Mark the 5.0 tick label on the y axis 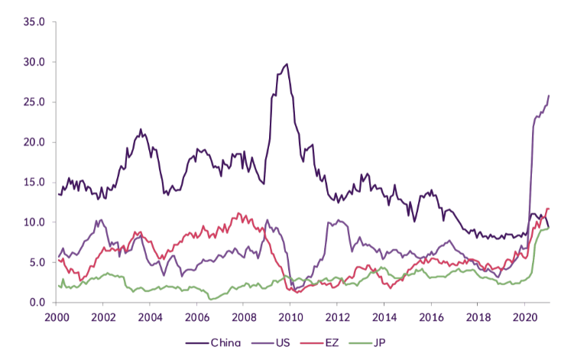(x=37, y=262)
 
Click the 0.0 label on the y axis (x=37, y=303)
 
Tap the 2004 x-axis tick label (x=150, y=317)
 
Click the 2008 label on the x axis (x=244, y=317)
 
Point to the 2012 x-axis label (x=337, y=317)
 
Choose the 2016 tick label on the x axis (x=431, y=317)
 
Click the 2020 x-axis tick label (x=525, y=317)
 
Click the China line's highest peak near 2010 (x=287, y=64)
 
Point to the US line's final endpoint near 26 (x=549, y=96)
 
